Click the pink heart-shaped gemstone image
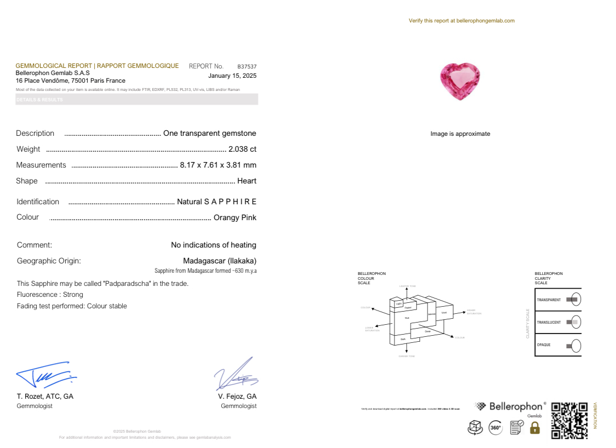pyautogui.click(x=459, y=82)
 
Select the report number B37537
pyautogui.click(x=246, y=66)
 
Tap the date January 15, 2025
pyautogui.click(x=232, y=76)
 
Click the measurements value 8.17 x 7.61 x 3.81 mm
pyautogui.click(x=218, y=165)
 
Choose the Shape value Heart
pyautogui.click(x=246, y=181)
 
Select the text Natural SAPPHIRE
pyautogui.click(x=216, y=202)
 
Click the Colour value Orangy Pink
pyautogui.click(x=234, y=217)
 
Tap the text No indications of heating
pyautogui.click(x=214, y=245)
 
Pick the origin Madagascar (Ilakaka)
pyautogui.click(x=219, y=261)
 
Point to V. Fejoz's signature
pyautogui.click(x=236, y=374)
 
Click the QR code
pyautogui.click(x=569, y=421)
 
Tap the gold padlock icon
pyautogui.click(x=535, y=428)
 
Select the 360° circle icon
pyautogui.click(x=495, y=428)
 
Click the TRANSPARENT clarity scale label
pyautogui.click(x=549, y=300)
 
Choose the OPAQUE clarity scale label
pyautogui.click(x=544, y=345)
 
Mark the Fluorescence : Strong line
pyautogui.click(x=50, y=295)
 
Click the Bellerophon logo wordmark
pyautogui.click(x=517, y=406)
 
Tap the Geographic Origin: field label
pyautogui.click(x=49, y=261)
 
